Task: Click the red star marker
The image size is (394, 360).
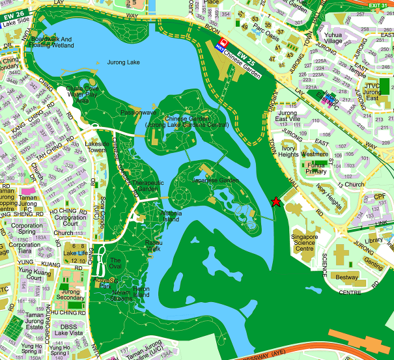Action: click(x=276, y=202)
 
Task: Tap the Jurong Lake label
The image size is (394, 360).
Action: click(x=124, y=62)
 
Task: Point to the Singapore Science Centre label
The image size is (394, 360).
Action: click(x=304, y=242)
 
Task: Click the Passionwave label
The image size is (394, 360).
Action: click(x=135, y=112)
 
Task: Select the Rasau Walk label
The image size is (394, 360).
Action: click(x=152, y=245)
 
